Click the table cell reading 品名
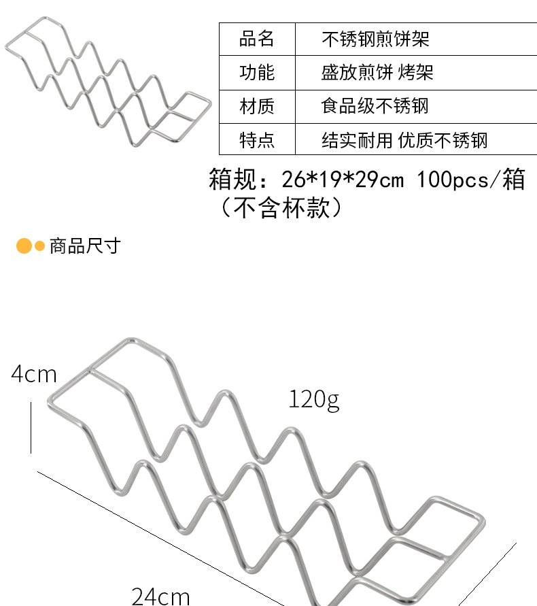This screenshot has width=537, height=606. [x=257, y=39]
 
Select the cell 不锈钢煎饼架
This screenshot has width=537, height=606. [x=375, y=39]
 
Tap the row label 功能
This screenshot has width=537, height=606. [x=257, y=72]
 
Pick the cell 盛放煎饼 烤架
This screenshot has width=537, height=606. [x=377, y=72]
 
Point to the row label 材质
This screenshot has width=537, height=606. [x=257, y=106]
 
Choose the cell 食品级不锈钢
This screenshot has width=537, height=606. [x=375, y=106]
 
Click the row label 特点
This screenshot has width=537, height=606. [x=257, y=140]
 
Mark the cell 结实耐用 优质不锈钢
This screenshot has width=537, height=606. [x=404, y=140]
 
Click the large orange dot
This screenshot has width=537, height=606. [x=24, y=246]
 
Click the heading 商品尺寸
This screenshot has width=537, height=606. [x=85, y=246]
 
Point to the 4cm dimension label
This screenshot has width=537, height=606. [x=34, y=373]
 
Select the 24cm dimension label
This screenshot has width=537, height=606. [x=160, y=596]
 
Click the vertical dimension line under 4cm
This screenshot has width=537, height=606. [x=31, y=427]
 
